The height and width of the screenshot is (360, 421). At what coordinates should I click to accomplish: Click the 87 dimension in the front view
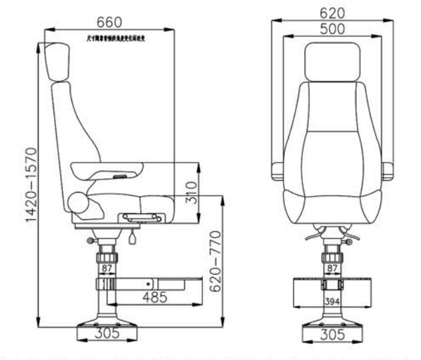[331, 269]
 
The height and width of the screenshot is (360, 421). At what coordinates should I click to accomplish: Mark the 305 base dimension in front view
[331, 335]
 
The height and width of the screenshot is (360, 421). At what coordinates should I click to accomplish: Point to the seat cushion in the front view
[331, 207]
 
